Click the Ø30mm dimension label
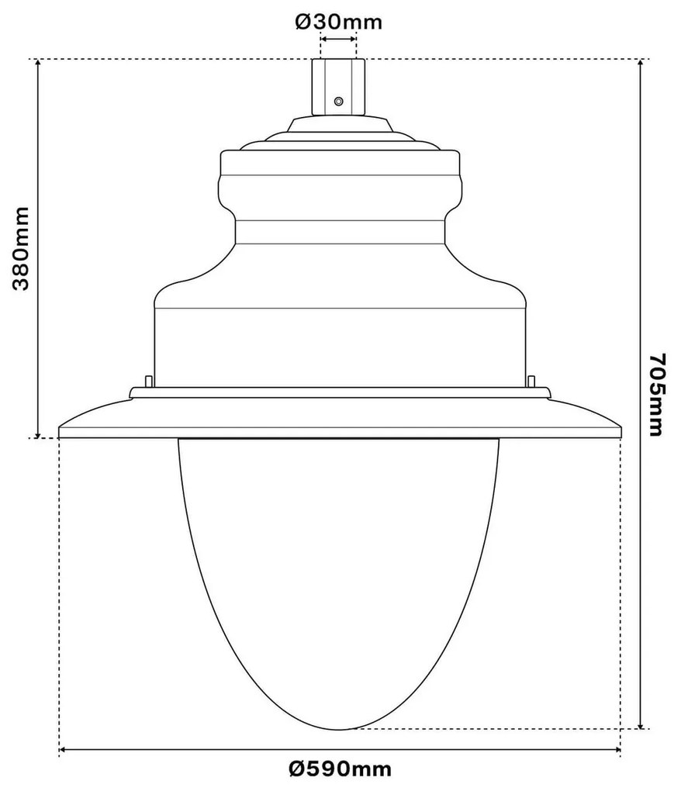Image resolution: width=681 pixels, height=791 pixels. pos(338,22)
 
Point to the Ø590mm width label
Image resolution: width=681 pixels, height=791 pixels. pos(339,769)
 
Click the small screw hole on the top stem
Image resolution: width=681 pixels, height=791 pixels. pos(337,101)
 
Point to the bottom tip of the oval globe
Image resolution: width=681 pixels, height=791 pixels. pos(339,729)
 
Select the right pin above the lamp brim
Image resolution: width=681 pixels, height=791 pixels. pos(531,381)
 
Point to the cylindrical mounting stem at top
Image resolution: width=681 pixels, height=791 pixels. pos(338,87)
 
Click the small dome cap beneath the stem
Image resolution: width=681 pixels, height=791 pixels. pos(338,124)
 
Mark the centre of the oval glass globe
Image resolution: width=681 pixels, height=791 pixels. pos(339,574)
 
